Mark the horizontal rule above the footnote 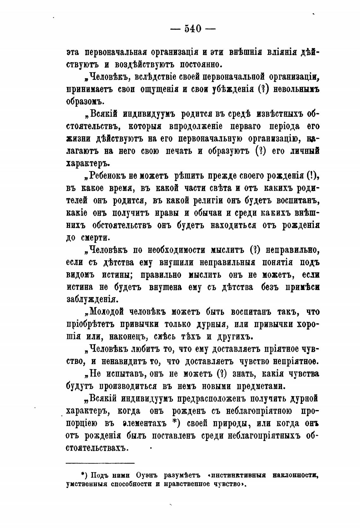click(100, 463)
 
